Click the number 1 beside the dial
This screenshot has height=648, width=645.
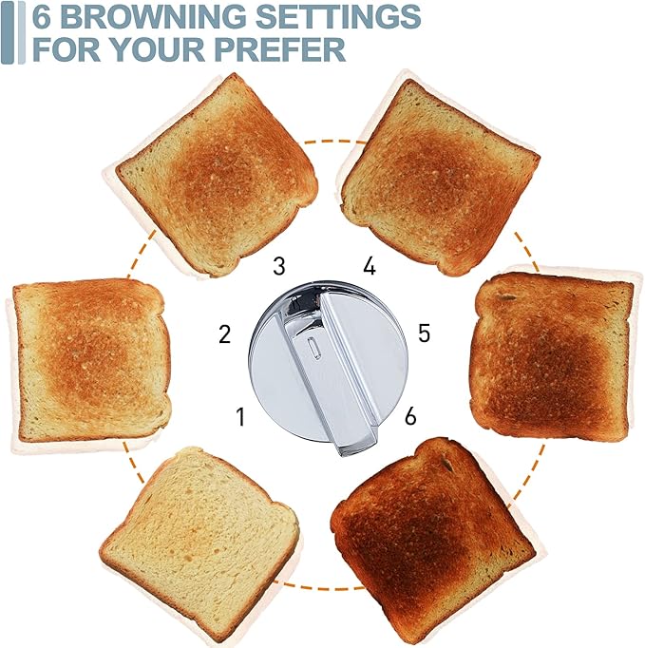[x=240, y=416]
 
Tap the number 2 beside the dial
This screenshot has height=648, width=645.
[x=225, y=334]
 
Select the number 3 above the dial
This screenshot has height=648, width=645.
[x=278, y=265]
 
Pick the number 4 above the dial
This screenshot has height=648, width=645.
[x=370, y=266]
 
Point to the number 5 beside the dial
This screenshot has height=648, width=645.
[x=424, y=334]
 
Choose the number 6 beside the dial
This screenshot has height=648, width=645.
[x=409, y=416]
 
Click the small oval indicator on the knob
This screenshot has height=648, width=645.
[x=314, y=347]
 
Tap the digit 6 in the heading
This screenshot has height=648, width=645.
[x=43, y=16]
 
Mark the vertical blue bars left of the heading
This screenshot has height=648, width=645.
[x=13, y=32]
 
